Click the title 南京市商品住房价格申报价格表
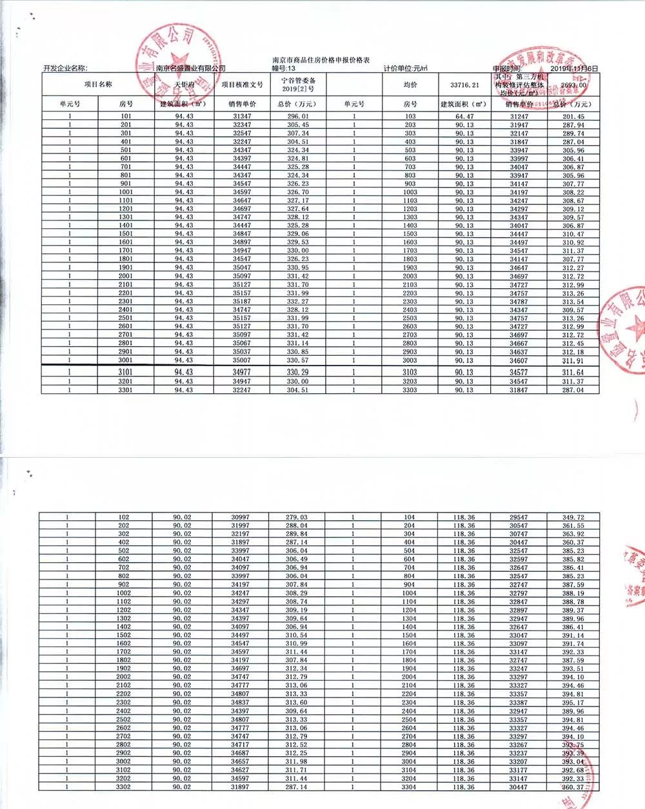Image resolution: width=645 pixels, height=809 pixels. point(321,60)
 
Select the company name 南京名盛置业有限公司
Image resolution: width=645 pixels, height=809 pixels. point(191,68)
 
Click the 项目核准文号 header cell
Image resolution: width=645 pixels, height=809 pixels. point(242,85)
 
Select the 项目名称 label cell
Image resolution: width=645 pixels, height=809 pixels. point(98,85)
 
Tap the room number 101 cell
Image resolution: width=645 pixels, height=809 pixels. point(126,117)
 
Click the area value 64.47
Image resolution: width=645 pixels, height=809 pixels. point(464,117)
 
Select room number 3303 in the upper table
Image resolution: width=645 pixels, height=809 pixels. point(410,390)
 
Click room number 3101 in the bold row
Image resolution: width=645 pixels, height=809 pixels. point(126,372)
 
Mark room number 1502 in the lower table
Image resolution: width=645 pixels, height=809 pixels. point(124,635)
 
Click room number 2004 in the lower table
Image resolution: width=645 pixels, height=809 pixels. point(409,677)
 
